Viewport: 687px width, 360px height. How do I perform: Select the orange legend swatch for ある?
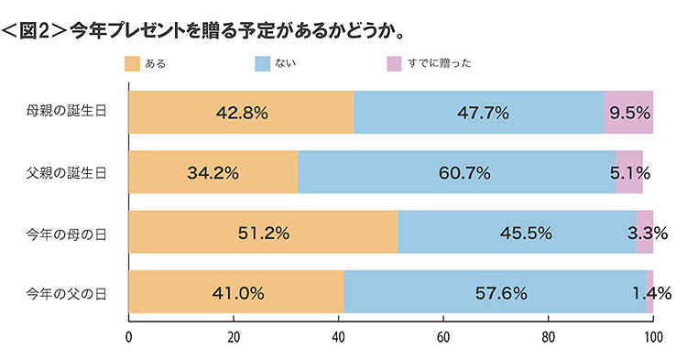(x=131, y=63)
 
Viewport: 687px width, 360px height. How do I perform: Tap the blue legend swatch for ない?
(x=262, y=63)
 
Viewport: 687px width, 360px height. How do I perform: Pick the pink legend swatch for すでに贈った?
(x=394, y=63)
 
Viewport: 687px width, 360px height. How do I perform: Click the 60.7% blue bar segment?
(x=457, y=172)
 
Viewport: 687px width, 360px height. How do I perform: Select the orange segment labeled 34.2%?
(x=213, y=172)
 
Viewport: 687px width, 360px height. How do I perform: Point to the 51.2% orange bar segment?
(x=263, y=233)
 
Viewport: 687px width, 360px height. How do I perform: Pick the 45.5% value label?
(x=526, y=233)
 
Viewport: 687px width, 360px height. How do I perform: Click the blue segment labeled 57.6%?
(x=495, y=293)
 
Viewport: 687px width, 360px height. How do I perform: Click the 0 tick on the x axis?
(x=129, y=336)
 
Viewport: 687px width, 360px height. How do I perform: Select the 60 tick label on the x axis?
(x=443, y=336)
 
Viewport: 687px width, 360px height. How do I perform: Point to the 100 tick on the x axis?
(x=652, y=336)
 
